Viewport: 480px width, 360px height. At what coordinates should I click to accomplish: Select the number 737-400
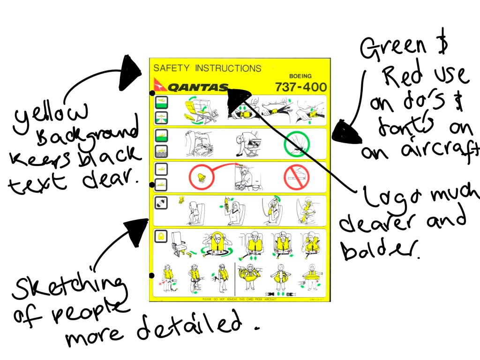pyautogui.click(x=300, y=87)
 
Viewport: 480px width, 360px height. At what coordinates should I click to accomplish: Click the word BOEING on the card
pyautogui.click(x=300, y=76)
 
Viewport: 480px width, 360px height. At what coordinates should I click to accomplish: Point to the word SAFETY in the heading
pyautogui.click(x=172, y=68)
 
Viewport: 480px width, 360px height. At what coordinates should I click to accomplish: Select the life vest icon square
pyautogui.click(x=161, y=236)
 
